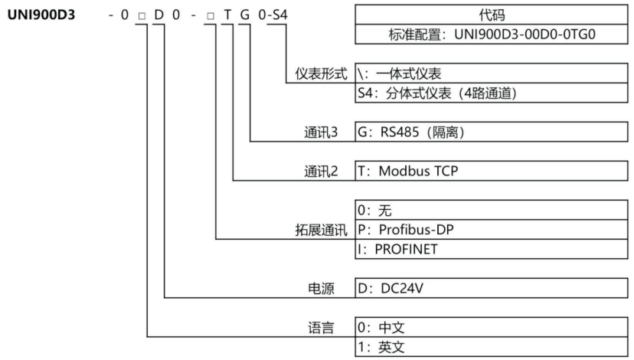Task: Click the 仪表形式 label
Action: [x=321, y=74]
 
